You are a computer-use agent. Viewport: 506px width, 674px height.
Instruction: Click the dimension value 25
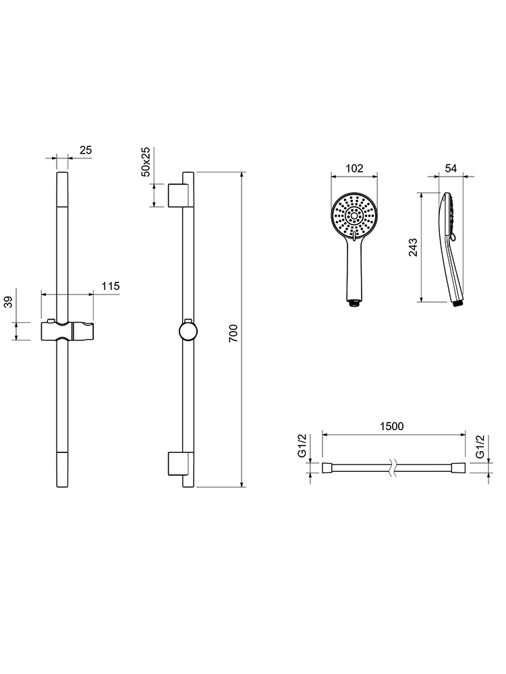pos(86,150)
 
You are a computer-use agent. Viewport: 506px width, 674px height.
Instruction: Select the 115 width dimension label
pos(110,286)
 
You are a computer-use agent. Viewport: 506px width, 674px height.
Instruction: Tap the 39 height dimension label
pos(9,302)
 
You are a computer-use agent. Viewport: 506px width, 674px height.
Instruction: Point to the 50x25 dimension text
pos(146,162)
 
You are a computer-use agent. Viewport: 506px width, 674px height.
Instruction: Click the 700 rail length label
pos(233,334)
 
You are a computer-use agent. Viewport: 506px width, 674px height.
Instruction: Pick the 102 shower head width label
pos(354,168)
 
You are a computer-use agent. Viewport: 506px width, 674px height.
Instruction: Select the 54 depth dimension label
pos(451,168)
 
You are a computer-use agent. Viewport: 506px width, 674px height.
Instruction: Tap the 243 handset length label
pos(413,247)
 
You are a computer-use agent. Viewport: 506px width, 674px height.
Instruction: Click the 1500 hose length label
pos(392,426)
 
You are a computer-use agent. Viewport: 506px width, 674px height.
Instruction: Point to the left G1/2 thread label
pos(302,446)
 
